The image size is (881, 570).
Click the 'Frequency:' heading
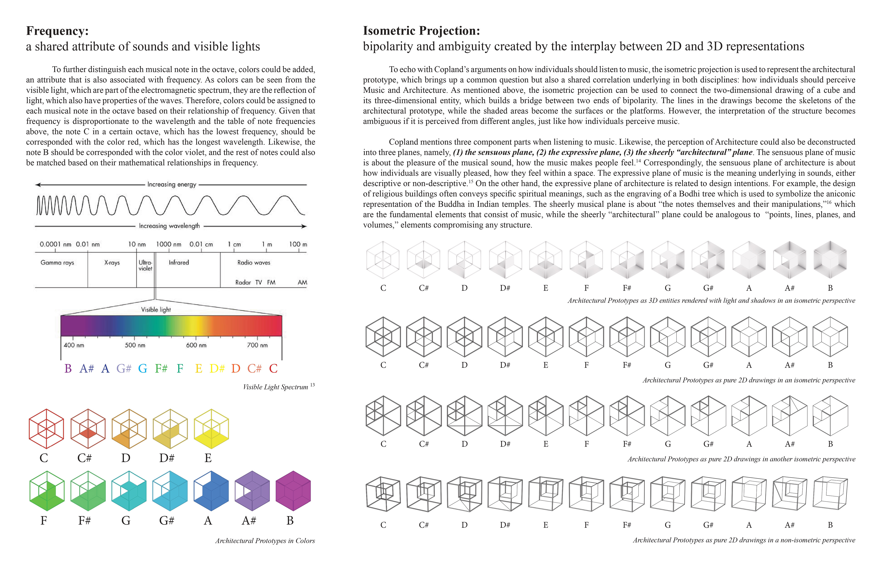tap(57, 31)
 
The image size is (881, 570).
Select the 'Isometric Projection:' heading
tap(421, 31)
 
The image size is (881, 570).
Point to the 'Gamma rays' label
tap(57, 262)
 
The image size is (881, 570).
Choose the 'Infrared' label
tap(179, 262)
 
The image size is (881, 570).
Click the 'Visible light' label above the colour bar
tap(156, 309)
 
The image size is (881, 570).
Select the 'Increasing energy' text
tap(172, 184)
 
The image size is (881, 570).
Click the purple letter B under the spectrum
tap(68, 369)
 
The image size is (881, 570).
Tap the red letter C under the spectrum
tap(273, 369)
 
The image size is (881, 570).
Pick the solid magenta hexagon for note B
tap(293, 491)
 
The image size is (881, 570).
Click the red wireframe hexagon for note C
tap(46, 429)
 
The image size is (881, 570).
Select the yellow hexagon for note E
tap(211, 429)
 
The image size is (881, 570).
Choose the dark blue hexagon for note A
tap(211, 491)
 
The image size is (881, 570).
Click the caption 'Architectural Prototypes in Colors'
tap(265, 541)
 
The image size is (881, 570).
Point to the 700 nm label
tap(257, 345)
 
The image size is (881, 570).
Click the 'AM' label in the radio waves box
tap(302, 282)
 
